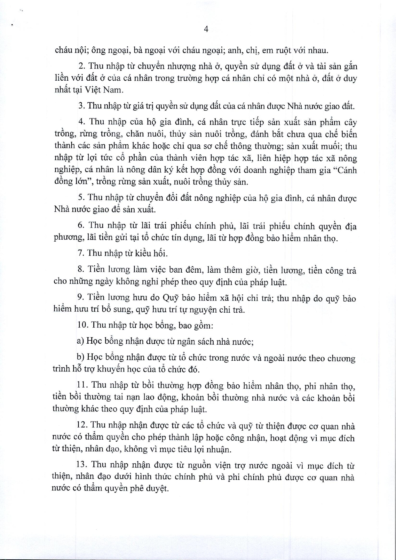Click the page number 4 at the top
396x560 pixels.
tap(206, 29)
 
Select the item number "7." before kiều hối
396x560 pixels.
tap(81, 253)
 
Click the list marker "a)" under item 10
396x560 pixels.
tap(80, 341)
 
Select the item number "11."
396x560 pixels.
tap(82, 386)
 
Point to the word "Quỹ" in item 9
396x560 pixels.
tap(171, 298)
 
